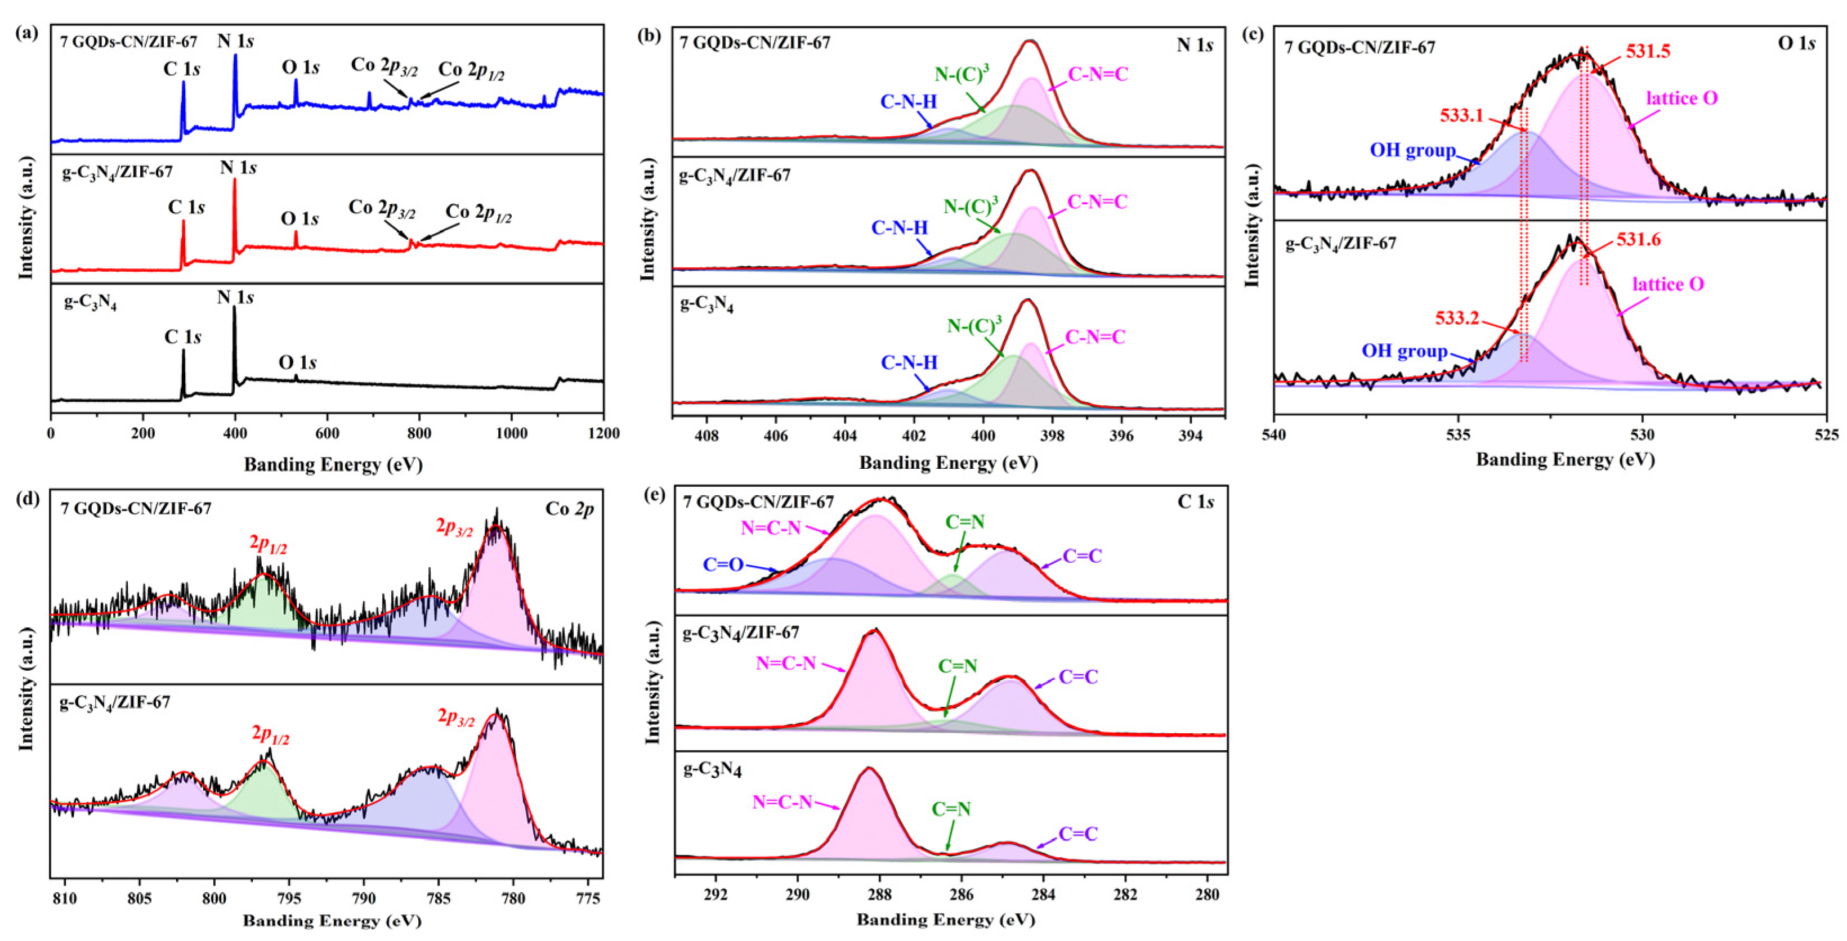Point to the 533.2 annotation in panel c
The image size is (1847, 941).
point(1457,318)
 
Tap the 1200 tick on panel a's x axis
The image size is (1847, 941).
point(603,433)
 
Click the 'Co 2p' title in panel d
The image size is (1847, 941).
point(569,509)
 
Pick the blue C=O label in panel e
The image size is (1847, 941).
point(723,564)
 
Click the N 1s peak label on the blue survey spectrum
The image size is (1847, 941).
point(235,41)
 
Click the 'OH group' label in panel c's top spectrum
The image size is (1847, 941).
point(1412,150)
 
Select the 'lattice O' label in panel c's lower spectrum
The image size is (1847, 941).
point(1668,285)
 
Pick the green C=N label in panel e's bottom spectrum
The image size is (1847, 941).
point(951,809)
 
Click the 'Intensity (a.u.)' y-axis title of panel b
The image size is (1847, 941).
point(647,218)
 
